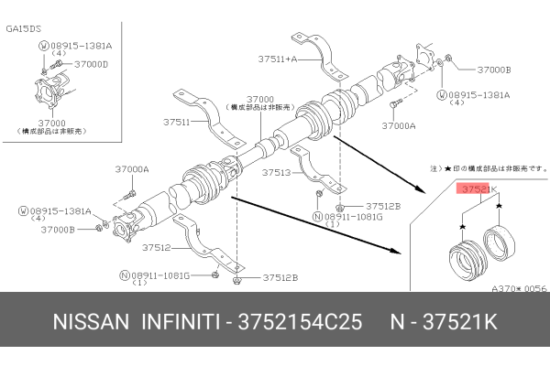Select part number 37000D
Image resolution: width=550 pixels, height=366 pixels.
coord(92,64)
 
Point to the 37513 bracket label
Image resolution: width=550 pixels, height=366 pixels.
coord(276,172)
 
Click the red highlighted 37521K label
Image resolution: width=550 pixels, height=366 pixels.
coord(474,189)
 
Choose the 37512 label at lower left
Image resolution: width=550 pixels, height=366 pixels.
coord(158,247)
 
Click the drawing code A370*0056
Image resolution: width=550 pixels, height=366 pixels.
coord(518,287)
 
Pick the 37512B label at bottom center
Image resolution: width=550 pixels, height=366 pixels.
coord(280,276)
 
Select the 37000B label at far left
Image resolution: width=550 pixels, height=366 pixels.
coord(58,229)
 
